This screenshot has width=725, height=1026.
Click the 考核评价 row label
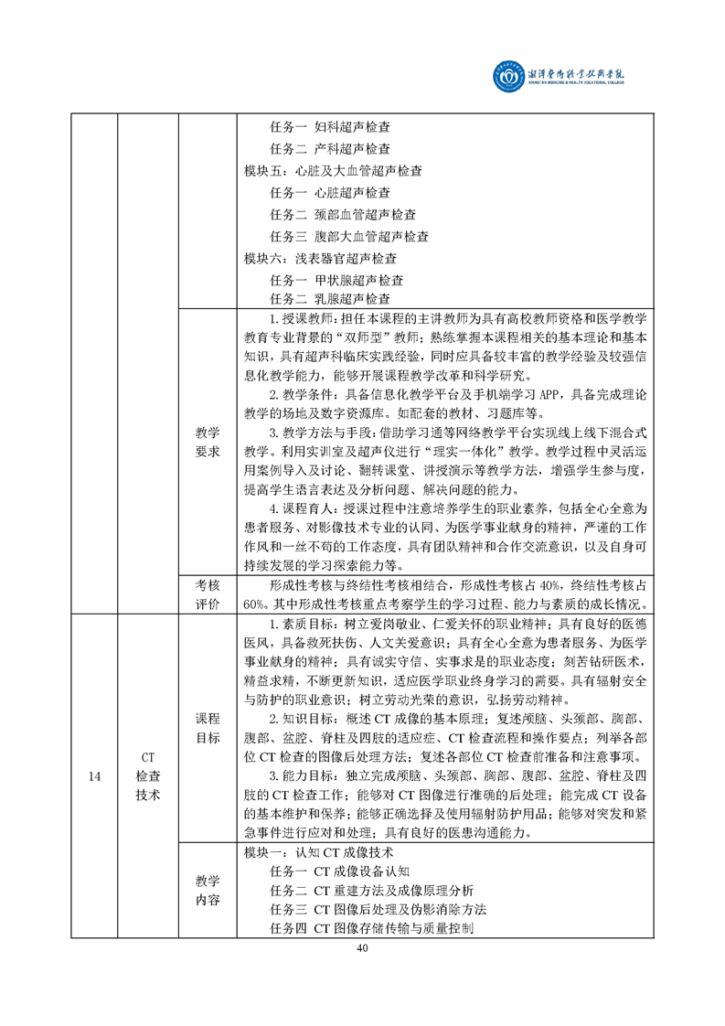coord(208,593)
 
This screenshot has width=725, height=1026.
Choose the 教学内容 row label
coord(208,890)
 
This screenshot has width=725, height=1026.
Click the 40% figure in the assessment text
coord(553,585)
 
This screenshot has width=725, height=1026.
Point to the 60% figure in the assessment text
coord(255,604)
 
